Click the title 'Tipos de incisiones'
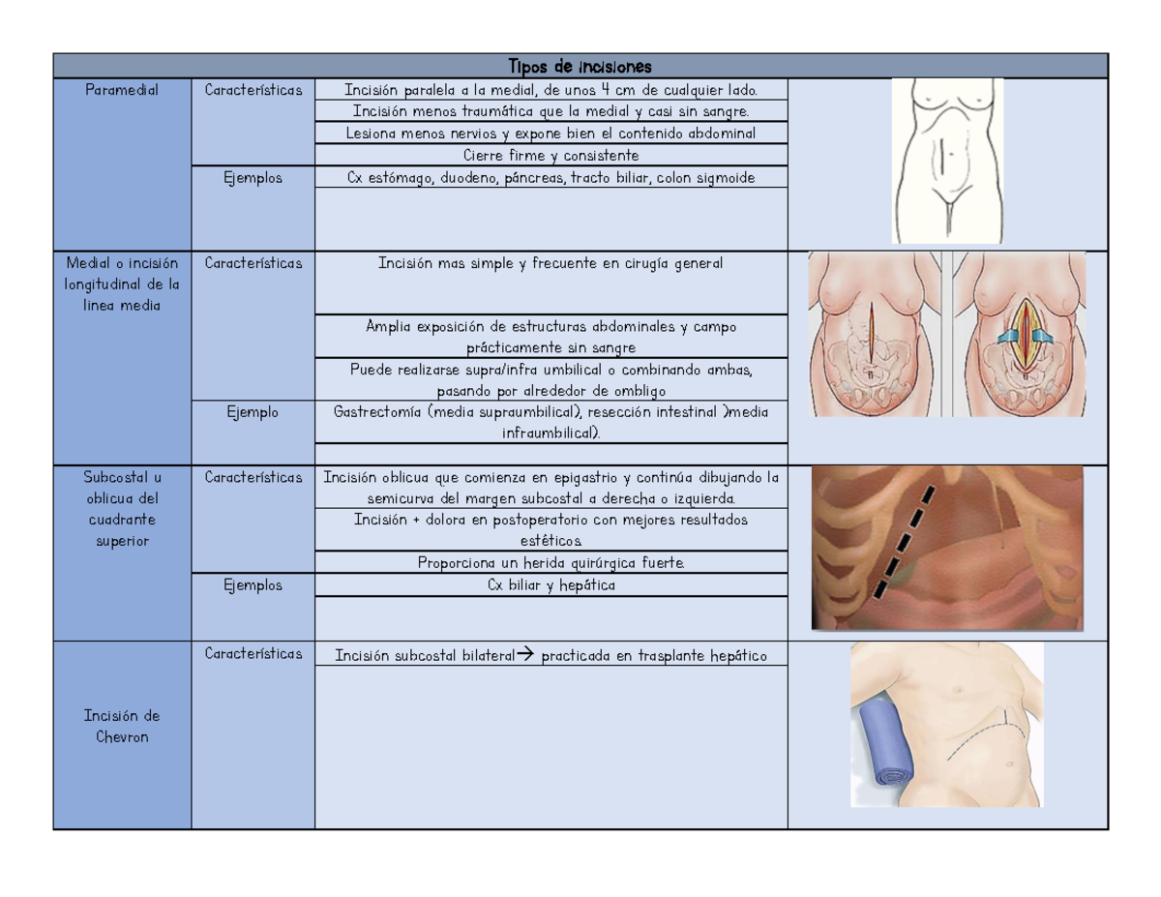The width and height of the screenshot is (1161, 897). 580,67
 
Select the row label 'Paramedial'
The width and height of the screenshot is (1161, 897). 122,90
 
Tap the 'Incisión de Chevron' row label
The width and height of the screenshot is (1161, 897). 122,726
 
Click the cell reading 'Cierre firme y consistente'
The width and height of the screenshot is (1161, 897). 551,156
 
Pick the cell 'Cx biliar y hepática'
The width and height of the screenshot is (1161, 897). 551,585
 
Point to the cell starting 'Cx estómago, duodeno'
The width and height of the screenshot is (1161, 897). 551,177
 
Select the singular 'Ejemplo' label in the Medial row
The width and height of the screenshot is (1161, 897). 253,412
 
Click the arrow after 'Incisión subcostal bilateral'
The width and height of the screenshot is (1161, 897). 525,653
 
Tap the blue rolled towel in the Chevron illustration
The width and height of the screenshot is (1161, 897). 886,744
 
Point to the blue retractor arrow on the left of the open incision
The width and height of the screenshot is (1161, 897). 1008,336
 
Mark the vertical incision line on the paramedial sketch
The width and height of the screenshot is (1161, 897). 941,156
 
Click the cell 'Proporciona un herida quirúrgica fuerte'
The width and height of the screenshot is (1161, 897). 551,562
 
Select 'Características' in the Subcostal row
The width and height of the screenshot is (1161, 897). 253,477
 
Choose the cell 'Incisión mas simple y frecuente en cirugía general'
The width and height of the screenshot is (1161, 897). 551,263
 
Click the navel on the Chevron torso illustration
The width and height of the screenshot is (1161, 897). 1010,764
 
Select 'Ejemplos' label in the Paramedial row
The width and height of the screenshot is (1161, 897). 253,178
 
